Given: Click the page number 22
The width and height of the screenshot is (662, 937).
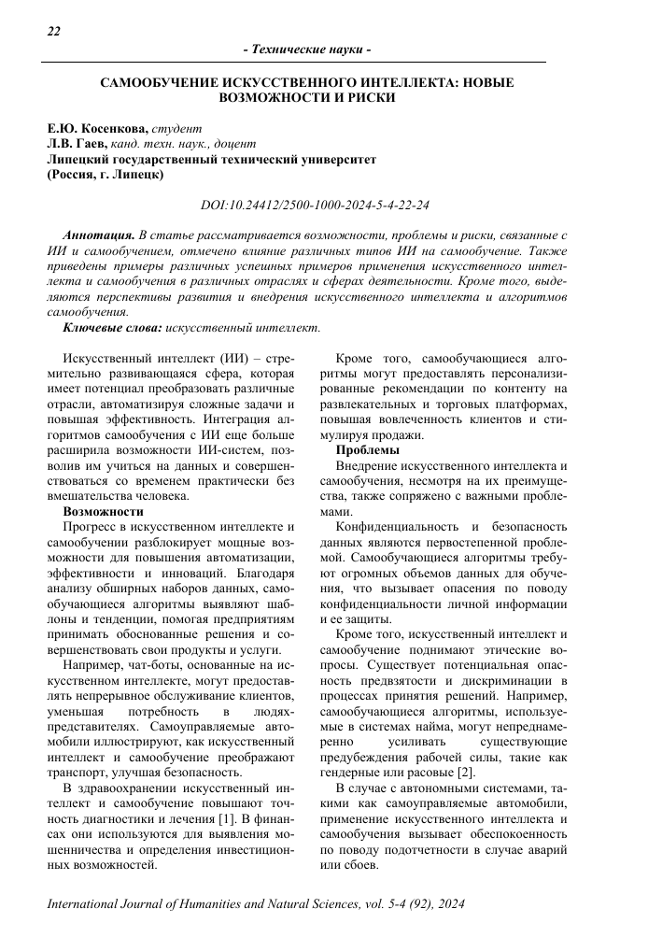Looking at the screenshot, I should [53, 31].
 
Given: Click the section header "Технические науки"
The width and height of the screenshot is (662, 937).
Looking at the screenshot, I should [307, 49].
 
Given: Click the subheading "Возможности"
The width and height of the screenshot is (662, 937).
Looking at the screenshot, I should [103, 513].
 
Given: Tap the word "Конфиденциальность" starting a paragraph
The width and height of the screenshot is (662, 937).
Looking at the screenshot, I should [398, 528].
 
